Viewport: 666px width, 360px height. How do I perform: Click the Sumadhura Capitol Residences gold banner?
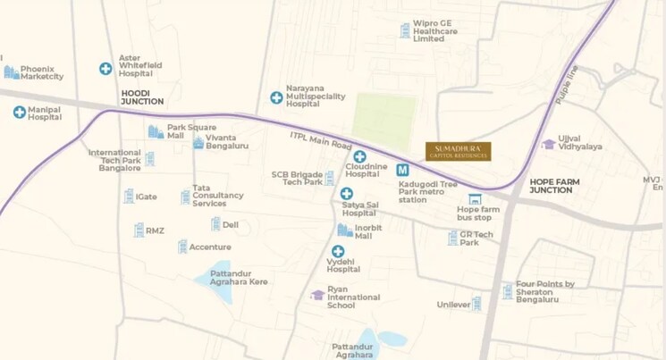click(458, 152)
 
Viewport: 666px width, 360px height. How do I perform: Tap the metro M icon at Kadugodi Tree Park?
click(403, 170)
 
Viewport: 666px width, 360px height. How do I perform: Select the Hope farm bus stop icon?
click(475, 199)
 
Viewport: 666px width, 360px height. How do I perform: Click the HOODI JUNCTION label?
click(143, 101)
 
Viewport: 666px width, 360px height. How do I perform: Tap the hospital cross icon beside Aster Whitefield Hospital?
click(105, 68)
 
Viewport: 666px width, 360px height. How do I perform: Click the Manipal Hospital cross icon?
click(19, 112)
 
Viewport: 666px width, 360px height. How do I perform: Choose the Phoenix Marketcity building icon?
click(11, 71)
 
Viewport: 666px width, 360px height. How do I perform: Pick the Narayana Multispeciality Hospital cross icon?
click(276, 96)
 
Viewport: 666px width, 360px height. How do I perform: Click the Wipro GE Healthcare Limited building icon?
click(405, 31)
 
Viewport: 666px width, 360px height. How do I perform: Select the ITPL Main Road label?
click(321, 142)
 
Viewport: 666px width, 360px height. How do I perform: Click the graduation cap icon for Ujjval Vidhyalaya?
click(548, 144)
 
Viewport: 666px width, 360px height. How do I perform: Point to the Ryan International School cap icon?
click(317, 295)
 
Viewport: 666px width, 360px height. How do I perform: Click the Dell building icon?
click(215, 224)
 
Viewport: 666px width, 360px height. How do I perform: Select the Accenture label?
click(210, 247)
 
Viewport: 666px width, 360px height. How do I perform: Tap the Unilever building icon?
click(476, 304)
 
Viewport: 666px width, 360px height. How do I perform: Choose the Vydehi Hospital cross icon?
click(338, 252)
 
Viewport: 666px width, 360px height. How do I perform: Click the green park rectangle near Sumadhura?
click(384, 121)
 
